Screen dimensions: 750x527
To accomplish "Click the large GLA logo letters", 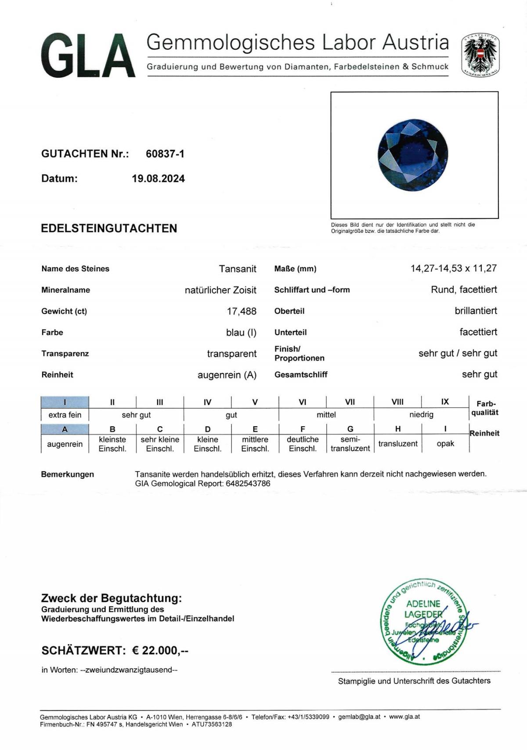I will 88,56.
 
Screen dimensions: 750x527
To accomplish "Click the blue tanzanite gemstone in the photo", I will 413,155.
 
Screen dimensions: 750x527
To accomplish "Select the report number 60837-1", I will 165,154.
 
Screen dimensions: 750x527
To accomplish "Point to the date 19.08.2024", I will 158,179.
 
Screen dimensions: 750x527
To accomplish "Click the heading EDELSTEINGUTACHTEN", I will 109,228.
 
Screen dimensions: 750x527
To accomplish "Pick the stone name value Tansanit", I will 238,269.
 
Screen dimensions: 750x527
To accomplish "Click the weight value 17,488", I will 242,312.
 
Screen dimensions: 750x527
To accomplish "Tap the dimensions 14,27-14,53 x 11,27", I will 454,268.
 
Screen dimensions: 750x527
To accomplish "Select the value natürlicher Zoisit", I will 220,290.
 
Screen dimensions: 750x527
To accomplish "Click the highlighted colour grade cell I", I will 65,402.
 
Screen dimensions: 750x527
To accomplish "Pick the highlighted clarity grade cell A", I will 65,429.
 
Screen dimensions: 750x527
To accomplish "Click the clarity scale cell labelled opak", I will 445,444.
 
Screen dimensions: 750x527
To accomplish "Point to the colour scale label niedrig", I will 421,415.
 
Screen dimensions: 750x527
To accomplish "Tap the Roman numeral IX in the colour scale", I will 445,402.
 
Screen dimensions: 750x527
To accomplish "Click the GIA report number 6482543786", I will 248,484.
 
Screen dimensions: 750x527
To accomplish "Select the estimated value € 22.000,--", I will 160,651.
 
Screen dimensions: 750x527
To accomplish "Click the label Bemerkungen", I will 67,475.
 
